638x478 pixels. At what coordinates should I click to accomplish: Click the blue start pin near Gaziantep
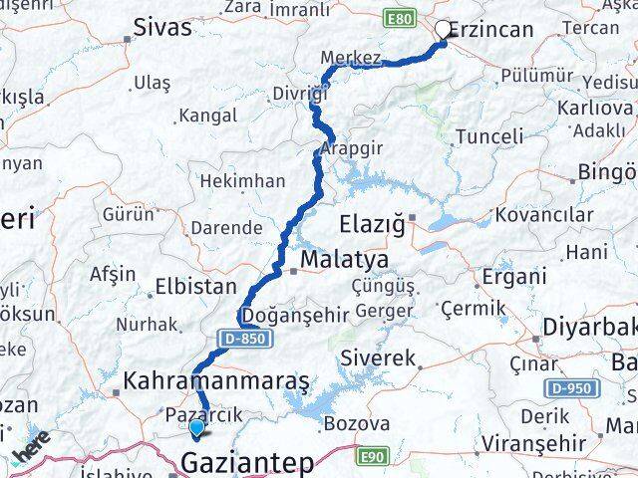click(x=197, y=428)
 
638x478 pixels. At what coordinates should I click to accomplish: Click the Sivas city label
click(x=161, y=27)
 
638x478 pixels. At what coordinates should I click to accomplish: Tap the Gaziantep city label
click(x=246, y=463)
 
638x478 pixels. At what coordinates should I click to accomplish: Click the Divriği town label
click(x=298, y=95)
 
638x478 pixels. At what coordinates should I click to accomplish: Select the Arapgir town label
click(x=349, y=150)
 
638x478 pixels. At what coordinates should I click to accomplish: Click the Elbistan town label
click(x=195, y=288)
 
